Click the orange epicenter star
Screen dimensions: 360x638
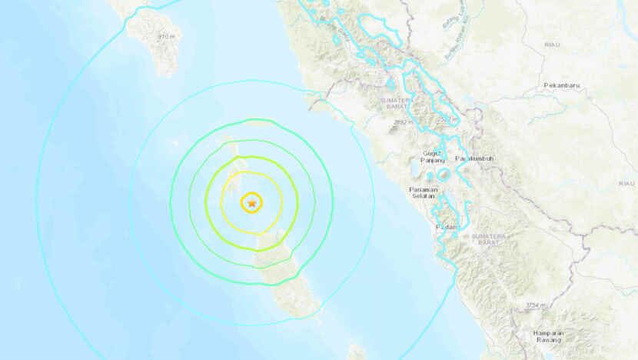point(251,203)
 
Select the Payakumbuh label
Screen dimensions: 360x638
point(474,158)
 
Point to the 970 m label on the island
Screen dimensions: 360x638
point(166,36)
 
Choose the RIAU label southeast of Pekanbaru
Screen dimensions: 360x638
point(624,184)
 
